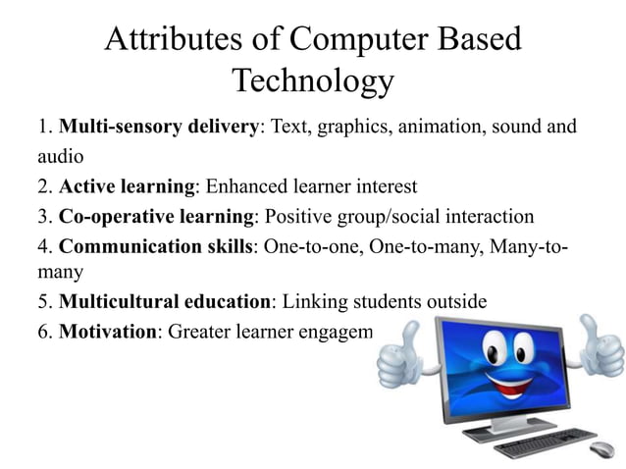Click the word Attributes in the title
pos(162,40)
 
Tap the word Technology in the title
pos(312,81)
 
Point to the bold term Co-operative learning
pos(156,216)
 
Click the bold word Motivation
pos(108,331)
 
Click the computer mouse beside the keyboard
pos(601,450)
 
